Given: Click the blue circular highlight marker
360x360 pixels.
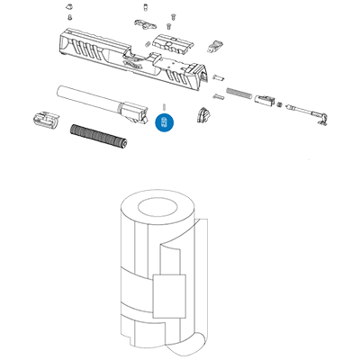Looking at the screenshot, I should click(x=164, y=120).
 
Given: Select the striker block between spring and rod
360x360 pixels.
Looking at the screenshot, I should click(x=267, y=100).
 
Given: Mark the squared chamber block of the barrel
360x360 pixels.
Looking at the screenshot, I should click(x=137, y=114).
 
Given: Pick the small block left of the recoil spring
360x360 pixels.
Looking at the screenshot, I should click(x=43, y=117).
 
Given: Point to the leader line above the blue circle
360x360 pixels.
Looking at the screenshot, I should click(x=164, y=107).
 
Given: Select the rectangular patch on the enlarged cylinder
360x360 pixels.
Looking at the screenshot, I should click(x=168, y=295).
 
